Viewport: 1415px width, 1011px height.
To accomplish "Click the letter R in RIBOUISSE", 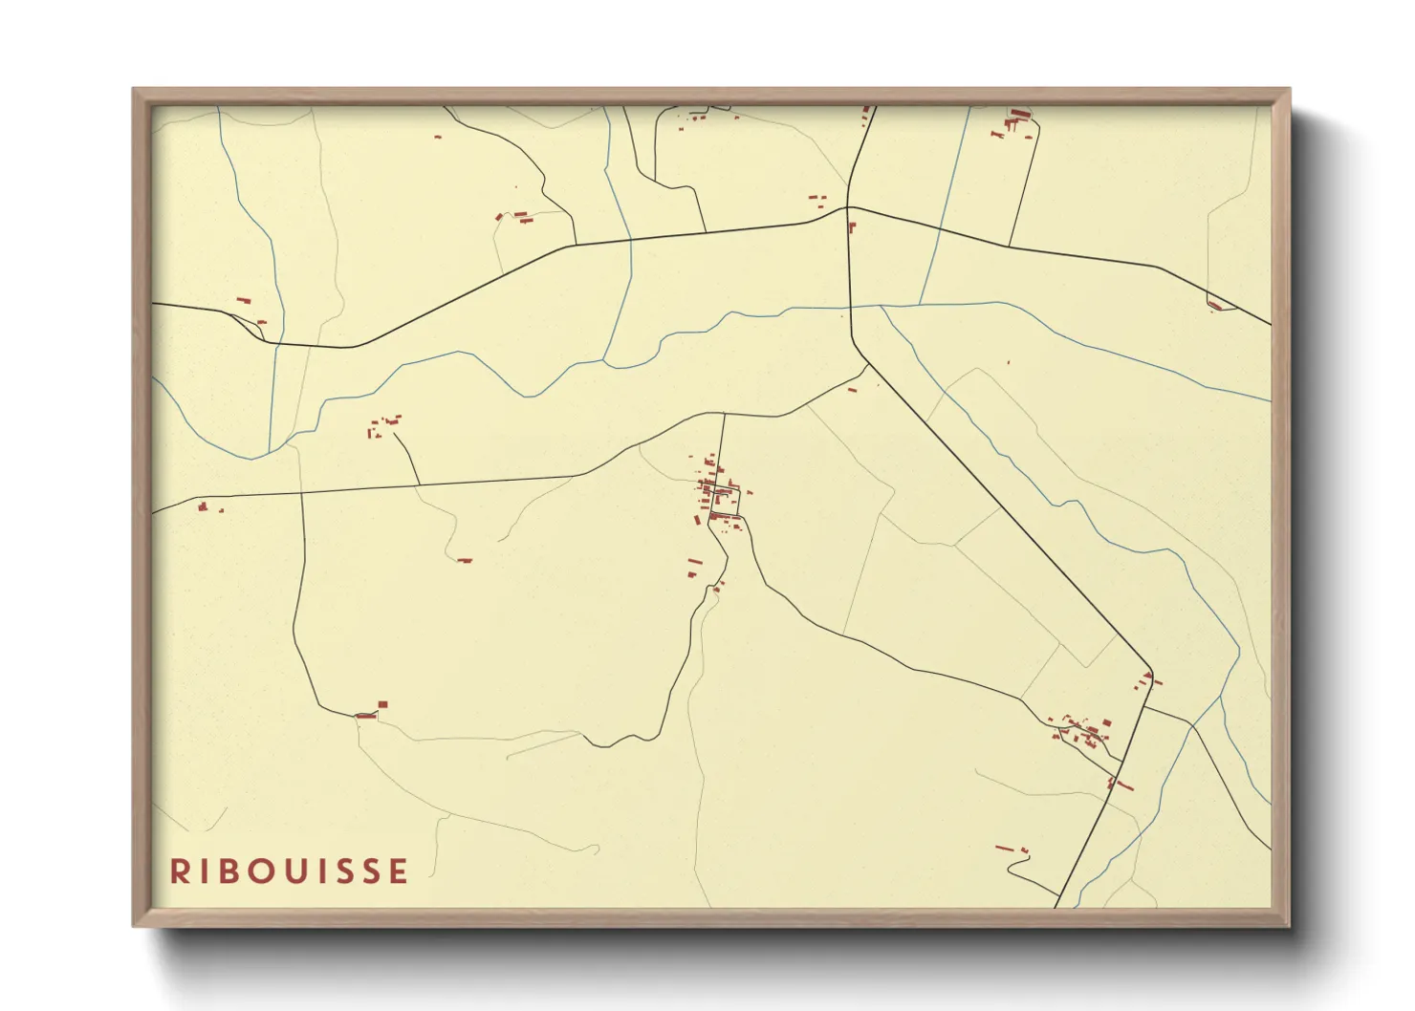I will [179, 871].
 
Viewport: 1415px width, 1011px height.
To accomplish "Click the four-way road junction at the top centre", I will [848, 206].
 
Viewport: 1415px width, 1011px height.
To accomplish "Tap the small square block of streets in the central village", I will [726, 500].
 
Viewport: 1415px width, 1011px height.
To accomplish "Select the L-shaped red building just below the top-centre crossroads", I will [851, 226].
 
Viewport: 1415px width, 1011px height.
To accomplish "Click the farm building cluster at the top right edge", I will [1015, 121].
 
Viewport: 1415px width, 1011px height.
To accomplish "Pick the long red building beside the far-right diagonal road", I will [1214, 306].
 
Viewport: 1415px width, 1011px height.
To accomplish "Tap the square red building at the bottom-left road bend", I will [382, 704].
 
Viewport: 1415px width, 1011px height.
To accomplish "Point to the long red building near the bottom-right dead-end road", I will [1005, 847].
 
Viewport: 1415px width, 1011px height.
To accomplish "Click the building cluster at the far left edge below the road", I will [204, 507].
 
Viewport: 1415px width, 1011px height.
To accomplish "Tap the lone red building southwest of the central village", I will [465, 561].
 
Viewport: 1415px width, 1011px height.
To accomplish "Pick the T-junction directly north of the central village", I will [723, 414].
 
